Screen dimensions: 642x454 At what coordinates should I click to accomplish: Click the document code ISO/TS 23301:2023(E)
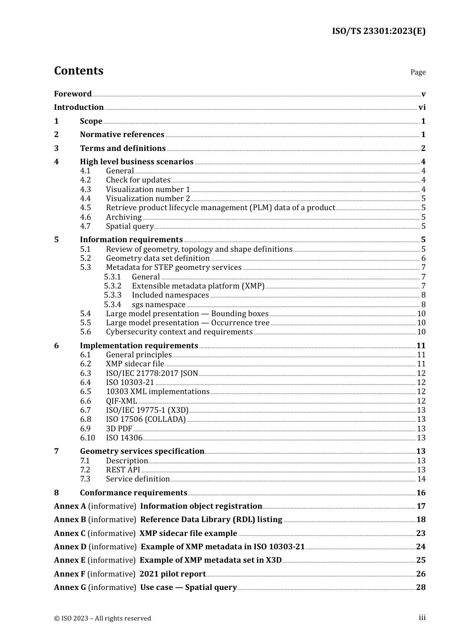[378, 31]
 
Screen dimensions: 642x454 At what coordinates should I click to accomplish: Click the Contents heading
[78, 71]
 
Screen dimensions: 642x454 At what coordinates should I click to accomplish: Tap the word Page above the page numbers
[418, 72]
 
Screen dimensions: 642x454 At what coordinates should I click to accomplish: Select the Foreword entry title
[73, 94]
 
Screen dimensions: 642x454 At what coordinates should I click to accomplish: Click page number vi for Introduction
[422, 107]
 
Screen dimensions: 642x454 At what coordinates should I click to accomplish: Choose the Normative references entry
[122, 135]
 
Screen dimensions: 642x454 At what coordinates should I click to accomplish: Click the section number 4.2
[86, 180]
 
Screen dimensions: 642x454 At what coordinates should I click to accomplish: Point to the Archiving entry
[124, 217]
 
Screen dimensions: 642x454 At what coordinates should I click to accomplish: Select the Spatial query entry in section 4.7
[130, 226]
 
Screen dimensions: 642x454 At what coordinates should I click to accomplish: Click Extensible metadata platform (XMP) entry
[198, 286]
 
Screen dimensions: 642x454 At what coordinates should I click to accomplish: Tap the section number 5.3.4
[113, 305]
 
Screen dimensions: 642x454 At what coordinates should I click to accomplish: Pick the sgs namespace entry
[158, 305]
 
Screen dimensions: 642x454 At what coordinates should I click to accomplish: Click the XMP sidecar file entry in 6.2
[135, 364]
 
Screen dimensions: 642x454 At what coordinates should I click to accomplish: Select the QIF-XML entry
[121, 401]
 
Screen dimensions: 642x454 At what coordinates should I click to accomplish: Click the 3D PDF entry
[119, 429]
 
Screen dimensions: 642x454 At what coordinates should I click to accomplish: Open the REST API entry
[123, 470]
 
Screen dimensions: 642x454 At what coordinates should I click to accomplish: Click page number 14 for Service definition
[421, 479]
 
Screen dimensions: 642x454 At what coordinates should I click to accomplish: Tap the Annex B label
[70, 520]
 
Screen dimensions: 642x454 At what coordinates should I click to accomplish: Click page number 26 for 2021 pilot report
[421, 574]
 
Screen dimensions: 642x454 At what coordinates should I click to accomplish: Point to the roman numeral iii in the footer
[422, 618]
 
